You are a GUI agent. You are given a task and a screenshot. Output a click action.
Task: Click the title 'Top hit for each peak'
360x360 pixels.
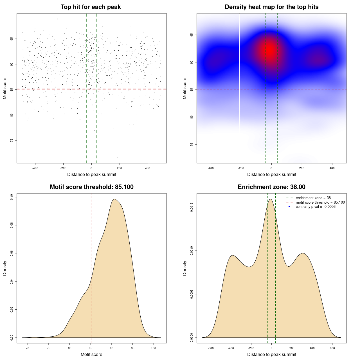(91, 7)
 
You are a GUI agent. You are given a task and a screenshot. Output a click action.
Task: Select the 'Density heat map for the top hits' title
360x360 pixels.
(271, 7)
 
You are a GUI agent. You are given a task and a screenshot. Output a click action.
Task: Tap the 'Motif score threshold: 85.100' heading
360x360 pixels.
(91, 187)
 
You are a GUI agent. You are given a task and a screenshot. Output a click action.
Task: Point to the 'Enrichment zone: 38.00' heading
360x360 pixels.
(271, 187)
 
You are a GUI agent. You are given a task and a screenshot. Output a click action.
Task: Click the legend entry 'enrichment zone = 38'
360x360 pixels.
(313, 198)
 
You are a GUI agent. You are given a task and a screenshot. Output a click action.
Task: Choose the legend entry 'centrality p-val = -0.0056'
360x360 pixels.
(316, 207)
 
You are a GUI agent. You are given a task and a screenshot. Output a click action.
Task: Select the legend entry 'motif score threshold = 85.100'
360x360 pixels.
(320, 202)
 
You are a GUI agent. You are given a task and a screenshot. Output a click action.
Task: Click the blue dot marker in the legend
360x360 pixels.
(289, 207)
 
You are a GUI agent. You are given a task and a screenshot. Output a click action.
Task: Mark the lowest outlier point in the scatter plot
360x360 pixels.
(118, 157)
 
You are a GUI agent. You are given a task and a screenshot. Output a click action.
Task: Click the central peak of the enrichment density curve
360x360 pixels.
(271, 199)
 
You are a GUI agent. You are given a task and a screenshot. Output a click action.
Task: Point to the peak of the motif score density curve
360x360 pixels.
(114, 199)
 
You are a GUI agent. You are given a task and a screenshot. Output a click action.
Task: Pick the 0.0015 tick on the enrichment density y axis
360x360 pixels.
(192, 207)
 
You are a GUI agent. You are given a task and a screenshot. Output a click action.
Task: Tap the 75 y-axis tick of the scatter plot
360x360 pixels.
(12, 140)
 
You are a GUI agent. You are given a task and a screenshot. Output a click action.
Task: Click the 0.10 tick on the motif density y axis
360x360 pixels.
(12, 197)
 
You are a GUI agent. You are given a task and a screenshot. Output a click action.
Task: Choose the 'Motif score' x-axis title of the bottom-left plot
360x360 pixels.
(91, 354)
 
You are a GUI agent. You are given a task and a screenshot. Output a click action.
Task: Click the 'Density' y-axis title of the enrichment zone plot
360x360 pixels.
(185, 268)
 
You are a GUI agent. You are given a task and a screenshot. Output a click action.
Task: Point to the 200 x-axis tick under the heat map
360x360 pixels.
(302, 168)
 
